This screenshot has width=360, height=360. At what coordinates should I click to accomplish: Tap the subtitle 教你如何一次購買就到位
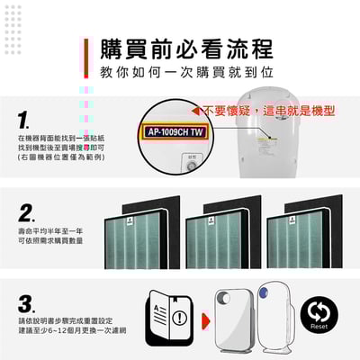[185, 71]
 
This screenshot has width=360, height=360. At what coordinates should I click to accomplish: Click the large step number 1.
[24, 120]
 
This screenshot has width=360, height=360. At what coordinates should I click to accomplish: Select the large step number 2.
[27, 213]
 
